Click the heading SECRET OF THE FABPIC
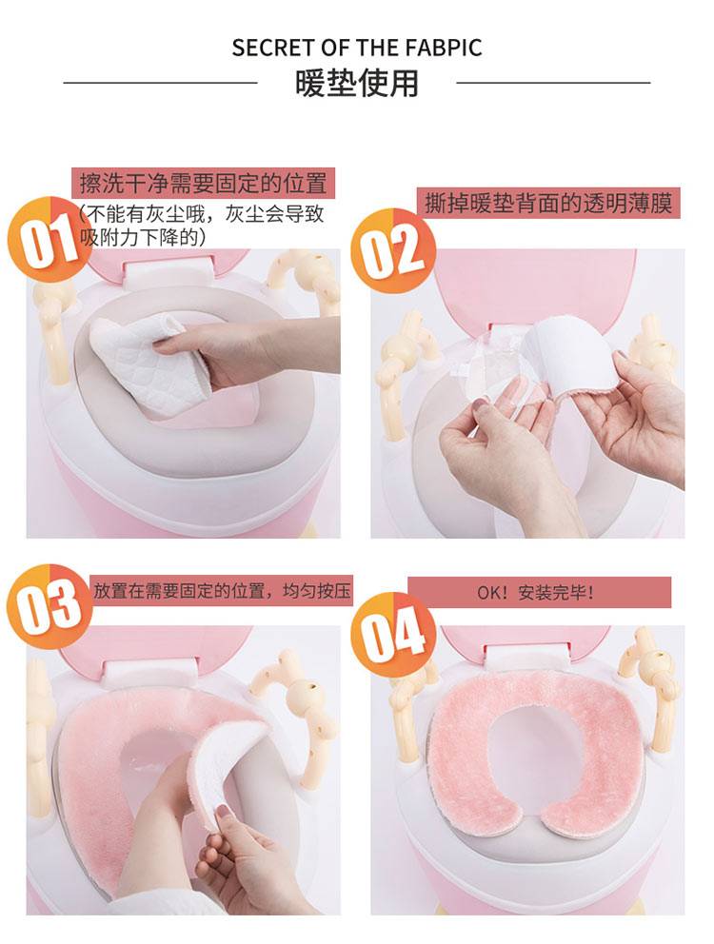click(x=357, y=49)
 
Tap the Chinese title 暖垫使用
click(x=357, y=83)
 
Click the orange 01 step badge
click(x=49, y=238)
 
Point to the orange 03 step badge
click(x=50, y=606)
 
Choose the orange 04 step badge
click(x=393, y=634)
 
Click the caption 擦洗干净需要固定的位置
click(x=203, y=184)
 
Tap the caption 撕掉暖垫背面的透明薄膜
click(x=547, y=203)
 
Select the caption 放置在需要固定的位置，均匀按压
click(x=221, y=591)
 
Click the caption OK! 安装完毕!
click(x=535, y=593)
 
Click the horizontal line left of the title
click(x=160, y=83)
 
